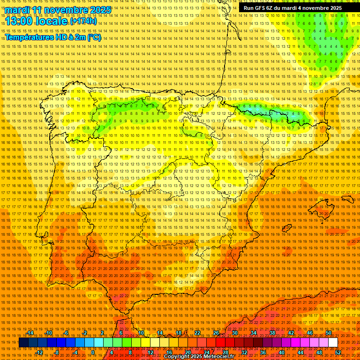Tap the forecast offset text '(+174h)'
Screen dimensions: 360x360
[83, 21]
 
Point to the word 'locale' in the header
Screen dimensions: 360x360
[52, 22]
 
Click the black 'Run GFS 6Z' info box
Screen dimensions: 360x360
[292, 8]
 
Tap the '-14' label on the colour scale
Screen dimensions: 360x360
[30, 333]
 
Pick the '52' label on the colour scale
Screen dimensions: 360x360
[338, 352]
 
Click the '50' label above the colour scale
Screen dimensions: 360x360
[329, 333]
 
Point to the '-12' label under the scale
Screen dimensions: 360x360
[39, 352]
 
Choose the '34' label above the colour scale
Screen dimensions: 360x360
[254, 333]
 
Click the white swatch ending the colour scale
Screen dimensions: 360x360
[333, 343]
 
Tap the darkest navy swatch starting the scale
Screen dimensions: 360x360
[23, 343]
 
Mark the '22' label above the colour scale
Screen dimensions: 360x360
[197, 333]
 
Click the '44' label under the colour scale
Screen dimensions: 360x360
[300, 352]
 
